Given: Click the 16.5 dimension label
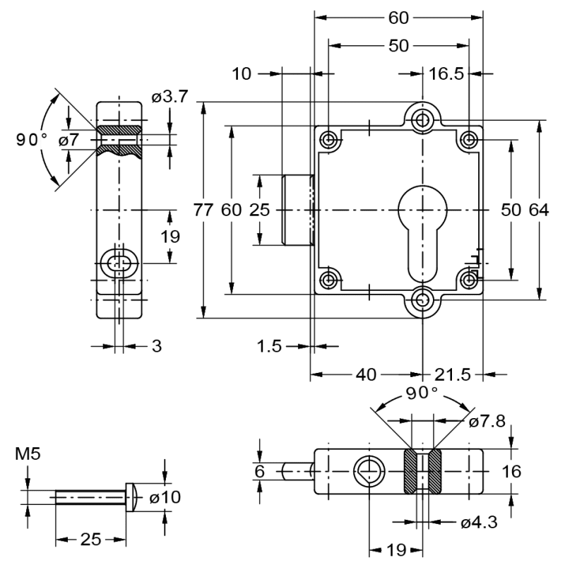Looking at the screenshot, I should (446, 73).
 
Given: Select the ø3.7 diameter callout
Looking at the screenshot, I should (169, 97).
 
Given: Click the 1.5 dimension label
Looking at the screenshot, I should (269, 346).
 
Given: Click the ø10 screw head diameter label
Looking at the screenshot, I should (165, 498).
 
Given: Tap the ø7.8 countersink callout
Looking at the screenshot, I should (487, 422).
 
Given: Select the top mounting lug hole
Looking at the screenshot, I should (422, 119).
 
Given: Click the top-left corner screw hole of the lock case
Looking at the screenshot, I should (329, 140).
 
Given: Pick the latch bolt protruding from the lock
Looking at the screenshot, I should (297, 210).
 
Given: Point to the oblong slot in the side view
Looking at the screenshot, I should (119, 263).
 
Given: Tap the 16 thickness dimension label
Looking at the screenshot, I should (512, 471).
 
